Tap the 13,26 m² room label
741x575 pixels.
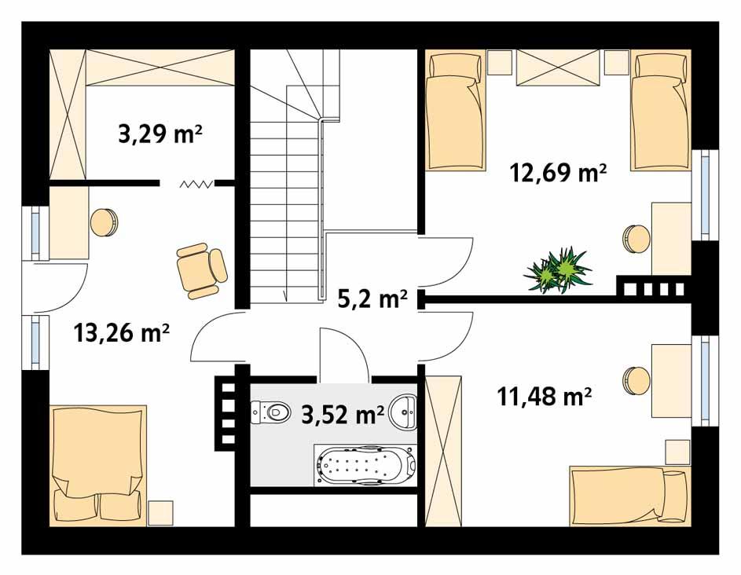(122, 333)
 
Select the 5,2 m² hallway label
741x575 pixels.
(372, 298)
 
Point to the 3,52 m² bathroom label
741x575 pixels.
(343, 413)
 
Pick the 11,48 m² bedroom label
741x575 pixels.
(545, 397)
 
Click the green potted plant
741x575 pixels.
(558, 269)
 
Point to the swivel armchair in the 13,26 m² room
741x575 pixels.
(201, 270)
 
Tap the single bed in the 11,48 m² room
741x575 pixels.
(629, 496)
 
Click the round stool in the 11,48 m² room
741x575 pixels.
(636, 380)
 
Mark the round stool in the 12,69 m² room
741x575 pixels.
(637, 237)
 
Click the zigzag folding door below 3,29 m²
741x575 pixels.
(196, 185)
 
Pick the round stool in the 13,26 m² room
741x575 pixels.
(104, 222)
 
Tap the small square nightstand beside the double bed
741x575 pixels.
(160, 513)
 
